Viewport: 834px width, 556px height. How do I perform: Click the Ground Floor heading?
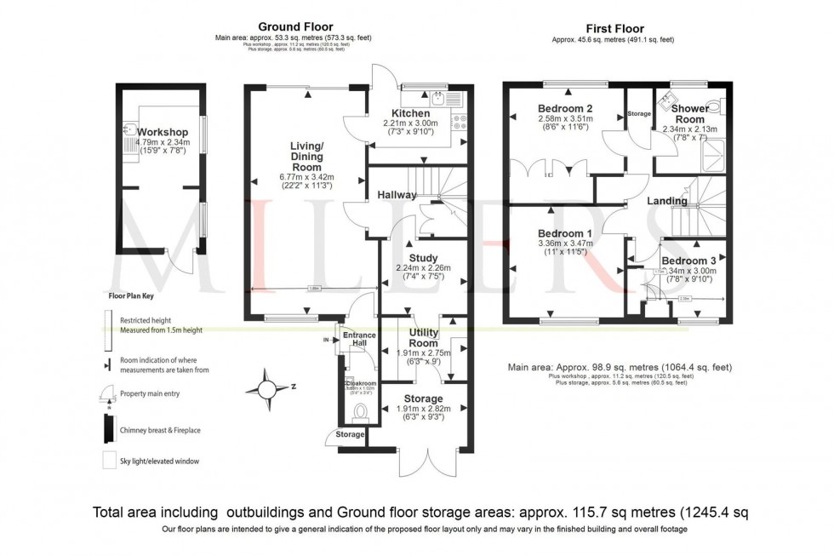295,27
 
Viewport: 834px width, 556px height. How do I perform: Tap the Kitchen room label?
414,113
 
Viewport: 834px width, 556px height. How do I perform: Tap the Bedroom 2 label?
564,108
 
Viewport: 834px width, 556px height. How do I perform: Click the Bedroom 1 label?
564,232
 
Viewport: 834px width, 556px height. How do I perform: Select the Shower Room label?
689,114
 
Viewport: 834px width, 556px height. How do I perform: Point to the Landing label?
666,201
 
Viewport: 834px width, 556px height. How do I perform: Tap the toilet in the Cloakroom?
359,413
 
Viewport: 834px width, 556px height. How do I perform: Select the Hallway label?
397,195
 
